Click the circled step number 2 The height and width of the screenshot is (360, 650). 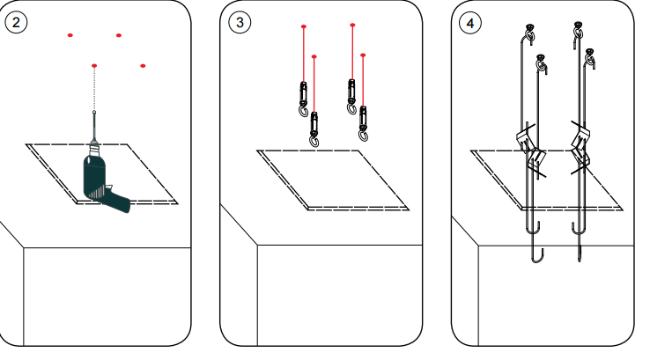click(17, 22)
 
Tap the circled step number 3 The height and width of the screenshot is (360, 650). click(239, 22)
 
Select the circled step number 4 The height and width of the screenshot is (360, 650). click(470, 22)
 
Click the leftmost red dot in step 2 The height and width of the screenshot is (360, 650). click(70, 35)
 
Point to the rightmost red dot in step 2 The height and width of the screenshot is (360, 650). click(143, 66)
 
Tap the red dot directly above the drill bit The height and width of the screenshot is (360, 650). click(94, 66)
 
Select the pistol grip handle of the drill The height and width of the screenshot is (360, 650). click(114, 198)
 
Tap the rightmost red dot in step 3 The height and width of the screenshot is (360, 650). click(364, 55)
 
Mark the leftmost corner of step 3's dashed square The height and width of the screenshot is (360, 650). click(258, 151)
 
